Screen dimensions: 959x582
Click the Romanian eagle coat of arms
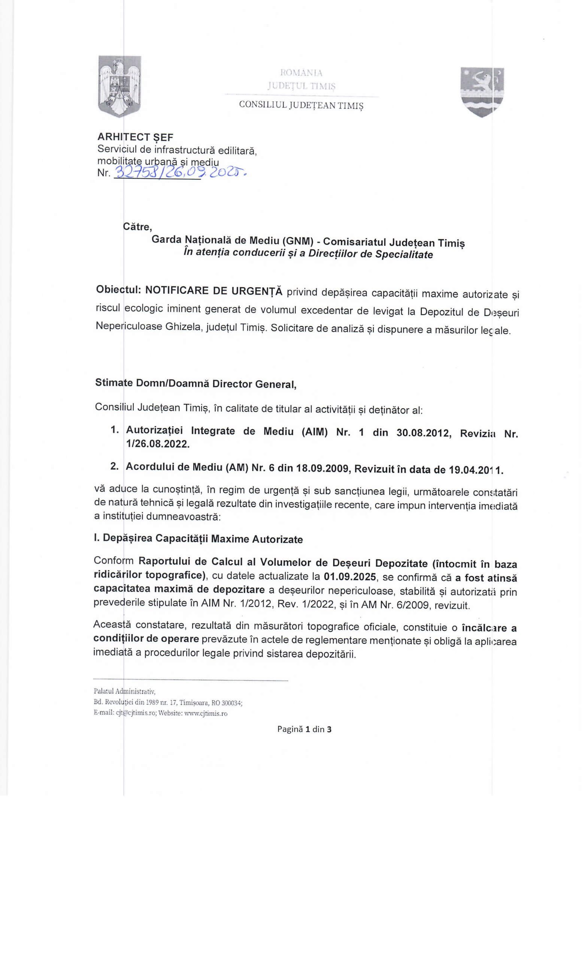pos(119,86)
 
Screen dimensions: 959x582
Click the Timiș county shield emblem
pos(482,92)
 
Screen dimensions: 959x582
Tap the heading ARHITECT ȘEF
pos(135,137)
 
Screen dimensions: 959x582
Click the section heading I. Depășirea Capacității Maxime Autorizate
pos(198,539)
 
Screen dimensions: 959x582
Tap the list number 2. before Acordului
pos(114,467)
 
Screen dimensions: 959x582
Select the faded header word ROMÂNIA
pos(301,73)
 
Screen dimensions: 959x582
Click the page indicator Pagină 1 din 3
pos(304,729)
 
